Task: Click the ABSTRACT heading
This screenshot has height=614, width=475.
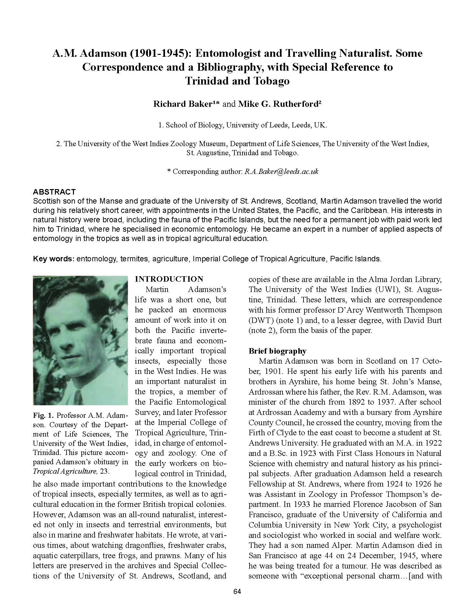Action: pyautogui.click(x=54, y=192)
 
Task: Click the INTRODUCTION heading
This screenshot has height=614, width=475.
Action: pyautogui.click(x=169, y=279)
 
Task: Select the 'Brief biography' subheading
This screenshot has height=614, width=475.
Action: pyautogui.click(x=277, y=351)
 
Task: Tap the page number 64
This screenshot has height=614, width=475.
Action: pyautogui.click(x=237, y=591)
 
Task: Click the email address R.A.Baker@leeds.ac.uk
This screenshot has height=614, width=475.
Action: pyautogui.click(x=282, y=171)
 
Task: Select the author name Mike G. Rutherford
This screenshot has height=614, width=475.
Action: pyautogui.click(x=277, y=104)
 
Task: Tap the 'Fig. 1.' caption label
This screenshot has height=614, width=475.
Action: pyautogui.click(x=42, y=415)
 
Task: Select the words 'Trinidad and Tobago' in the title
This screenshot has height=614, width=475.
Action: pyautogui.click(x=237, y=81)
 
